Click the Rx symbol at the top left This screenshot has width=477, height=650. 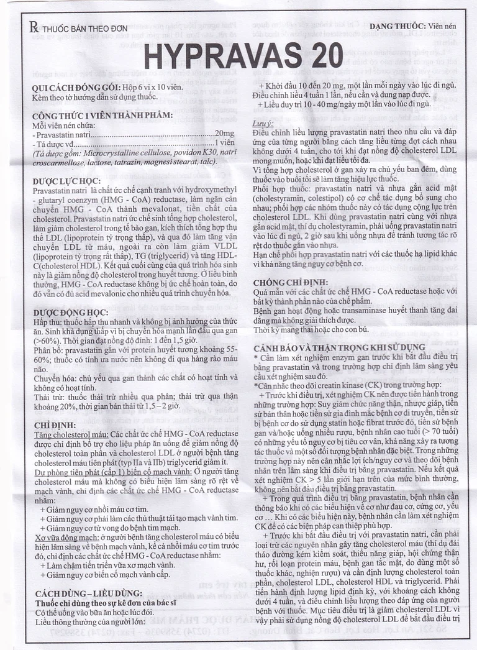click(x=34, y=27)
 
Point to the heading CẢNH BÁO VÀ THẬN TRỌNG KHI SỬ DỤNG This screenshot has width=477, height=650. click(x=339, y=347)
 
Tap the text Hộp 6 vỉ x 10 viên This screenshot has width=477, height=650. click(x=156, y=88)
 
